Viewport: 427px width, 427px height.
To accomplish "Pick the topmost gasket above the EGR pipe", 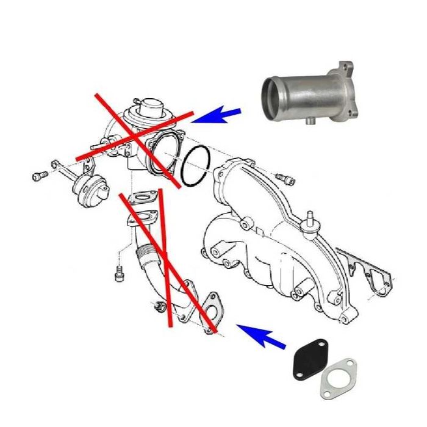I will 143,198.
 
